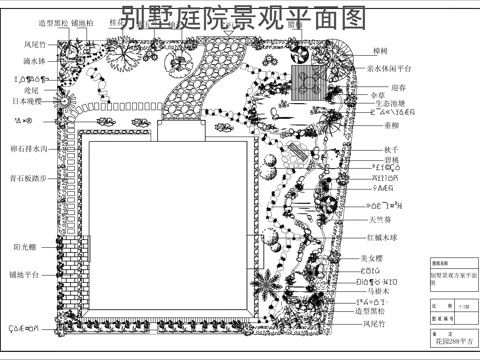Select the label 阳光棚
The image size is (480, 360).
[25, 246]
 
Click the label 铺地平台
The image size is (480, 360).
[25, 273]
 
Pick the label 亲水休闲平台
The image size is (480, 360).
[390, 68]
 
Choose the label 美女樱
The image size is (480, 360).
[372, 258]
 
